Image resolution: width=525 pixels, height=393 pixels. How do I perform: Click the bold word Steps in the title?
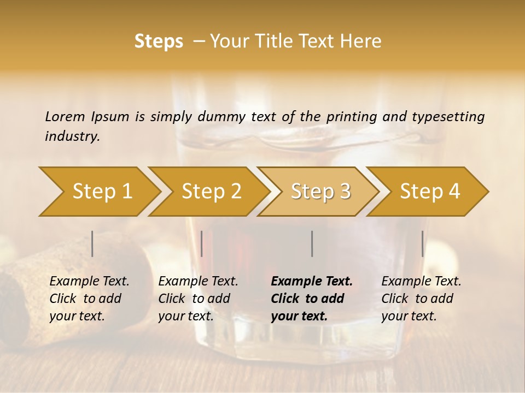click(159, 41)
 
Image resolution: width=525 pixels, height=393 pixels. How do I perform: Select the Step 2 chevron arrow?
click(211, 191)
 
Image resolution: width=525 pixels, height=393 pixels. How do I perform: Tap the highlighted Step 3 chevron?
click(320, 191)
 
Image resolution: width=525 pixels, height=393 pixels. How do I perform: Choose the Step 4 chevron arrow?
click(430, 191)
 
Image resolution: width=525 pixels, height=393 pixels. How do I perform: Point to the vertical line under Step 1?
click(92, 243)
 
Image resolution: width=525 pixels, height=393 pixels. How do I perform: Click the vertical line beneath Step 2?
click(202, 243)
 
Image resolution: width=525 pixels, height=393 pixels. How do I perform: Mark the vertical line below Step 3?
click(312, 243)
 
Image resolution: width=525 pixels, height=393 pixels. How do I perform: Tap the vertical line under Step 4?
click(422, 243)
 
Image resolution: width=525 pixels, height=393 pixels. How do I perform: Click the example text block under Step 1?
click(89, 299)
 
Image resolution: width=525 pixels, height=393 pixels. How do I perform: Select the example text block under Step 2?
click(198, 299)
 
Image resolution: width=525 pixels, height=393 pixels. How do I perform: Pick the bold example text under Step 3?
click(312, 299)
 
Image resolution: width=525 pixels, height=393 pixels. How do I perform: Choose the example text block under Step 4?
click(421, 299)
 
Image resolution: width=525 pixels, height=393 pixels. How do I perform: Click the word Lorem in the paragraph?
click(65, 116)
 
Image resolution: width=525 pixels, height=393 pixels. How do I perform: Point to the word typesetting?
click(448, 117)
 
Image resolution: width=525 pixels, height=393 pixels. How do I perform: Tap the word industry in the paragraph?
click(72, 136)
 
